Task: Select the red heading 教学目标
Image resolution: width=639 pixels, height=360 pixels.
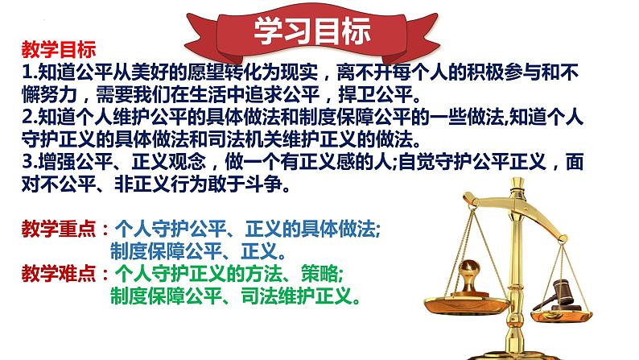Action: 59,50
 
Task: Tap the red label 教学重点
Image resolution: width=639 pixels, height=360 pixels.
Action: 59,229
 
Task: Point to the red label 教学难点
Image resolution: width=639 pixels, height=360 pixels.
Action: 59,273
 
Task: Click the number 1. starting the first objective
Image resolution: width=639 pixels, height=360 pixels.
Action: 30,72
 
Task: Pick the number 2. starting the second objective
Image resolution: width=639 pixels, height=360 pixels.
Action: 30,118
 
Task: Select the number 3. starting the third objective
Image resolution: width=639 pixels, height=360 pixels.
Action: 30,162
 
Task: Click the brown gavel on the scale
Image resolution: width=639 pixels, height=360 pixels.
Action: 557,295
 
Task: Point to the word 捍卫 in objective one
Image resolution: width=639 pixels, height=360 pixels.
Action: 357,95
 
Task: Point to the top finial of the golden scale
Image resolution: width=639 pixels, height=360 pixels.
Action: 517,182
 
